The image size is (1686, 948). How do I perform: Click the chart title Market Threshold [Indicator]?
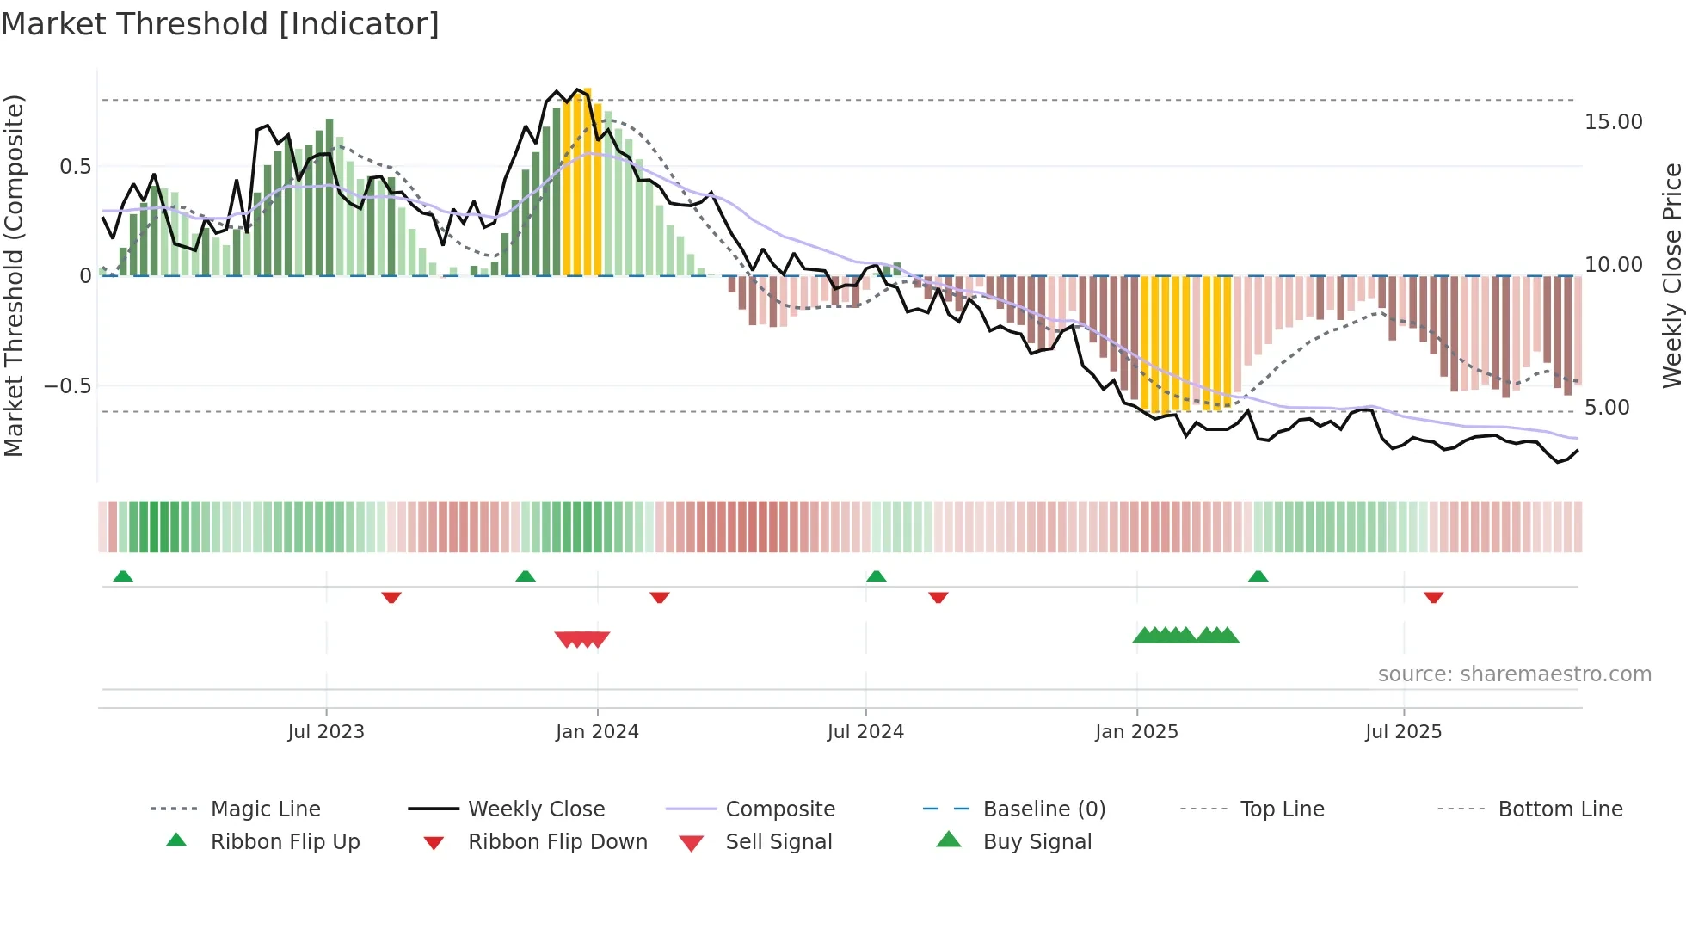pyautogui.click(x=220, y=24)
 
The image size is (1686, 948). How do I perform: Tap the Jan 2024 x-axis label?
pyautogui.click(x=597, y=731)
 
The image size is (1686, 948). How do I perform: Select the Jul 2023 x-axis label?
pyautogui.click(x=326, y=731)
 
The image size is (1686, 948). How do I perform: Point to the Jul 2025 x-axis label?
pyautogui.click(x=1403, y=731)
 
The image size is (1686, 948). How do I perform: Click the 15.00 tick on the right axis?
pyautogui.click(x=1613, y=122)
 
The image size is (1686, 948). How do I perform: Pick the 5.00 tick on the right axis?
pyautogui.click(x=1606, y=408)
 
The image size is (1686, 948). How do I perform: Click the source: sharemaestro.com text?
pyautogui.click(x=1514, y=674)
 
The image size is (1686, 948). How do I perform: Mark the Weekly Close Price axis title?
pyautogui.click(x=1671, y=275)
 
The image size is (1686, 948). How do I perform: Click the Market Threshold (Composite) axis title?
pyautogui.click(x=14, y=275)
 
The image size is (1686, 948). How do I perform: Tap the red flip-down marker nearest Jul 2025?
pyautogui.click(x=1433, y=597)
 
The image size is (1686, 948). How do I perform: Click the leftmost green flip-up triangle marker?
pyautogui.click(x=123, y=576)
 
